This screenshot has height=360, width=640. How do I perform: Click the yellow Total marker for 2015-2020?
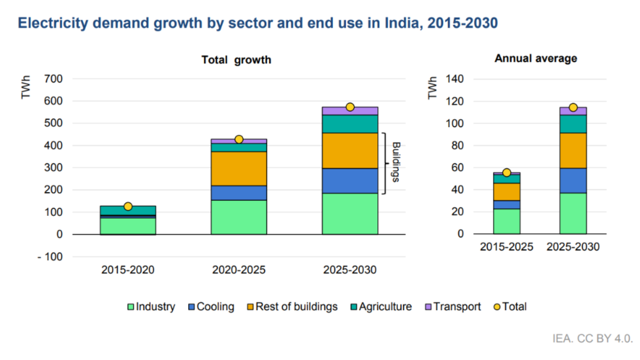[x=128, y=206]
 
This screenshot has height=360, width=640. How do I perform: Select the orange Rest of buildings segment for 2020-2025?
[x=239, y=168]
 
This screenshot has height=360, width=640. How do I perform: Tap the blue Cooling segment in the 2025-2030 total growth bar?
[x=350, y=181]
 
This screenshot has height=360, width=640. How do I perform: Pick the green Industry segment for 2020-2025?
[x=239, y=217]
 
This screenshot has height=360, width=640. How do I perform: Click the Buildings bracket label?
[x=396, y=162]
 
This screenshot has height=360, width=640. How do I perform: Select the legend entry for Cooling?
[x=211, y=307]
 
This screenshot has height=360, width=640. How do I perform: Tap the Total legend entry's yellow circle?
[x=497, y=307]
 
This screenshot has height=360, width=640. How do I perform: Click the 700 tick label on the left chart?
[x=53, y=79]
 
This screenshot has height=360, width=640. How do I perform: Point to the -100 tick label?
[x=50, y=257]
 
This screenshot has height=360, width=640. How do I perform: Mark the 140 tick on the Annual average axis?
[x=455, y=79]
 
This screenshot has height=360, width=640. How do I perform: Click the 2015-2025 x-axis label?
[x=506, y=247]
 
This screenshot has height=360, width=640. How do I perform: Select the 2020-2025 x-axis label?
[x=239, y=270]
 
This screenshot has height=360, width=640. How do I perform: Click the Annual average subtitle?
[x=536, y=58]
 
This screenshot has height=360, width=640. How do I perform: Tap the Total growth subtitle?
[x=236, y=60]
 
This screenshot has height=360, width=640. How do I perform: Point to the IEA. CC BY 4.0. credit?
[x=592, y=339]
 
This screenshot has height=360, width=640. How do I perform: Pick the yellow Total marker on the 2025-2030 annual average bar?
[x=573, y=108]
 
